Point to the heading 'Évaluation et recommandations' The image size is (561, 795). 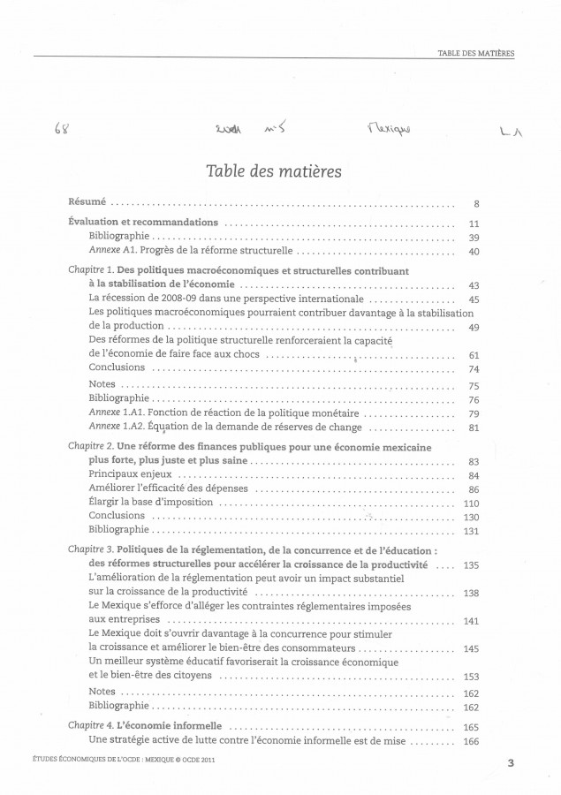pos(143,223)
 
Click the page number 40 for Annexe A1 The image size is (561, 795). pos(473,252)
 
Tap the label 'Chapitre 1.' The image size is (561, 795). pos(91,269)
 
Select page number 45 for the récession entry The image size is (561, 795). pos(473,299)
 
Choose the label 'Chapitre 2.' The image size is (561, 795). pos(91,447)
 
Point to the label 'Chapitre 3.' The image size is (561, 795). pos(91,549)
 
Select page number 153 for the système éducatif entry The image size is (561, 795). pos(471,676)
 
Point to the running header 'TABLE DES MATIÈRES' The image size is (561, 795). pos(475,53)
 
